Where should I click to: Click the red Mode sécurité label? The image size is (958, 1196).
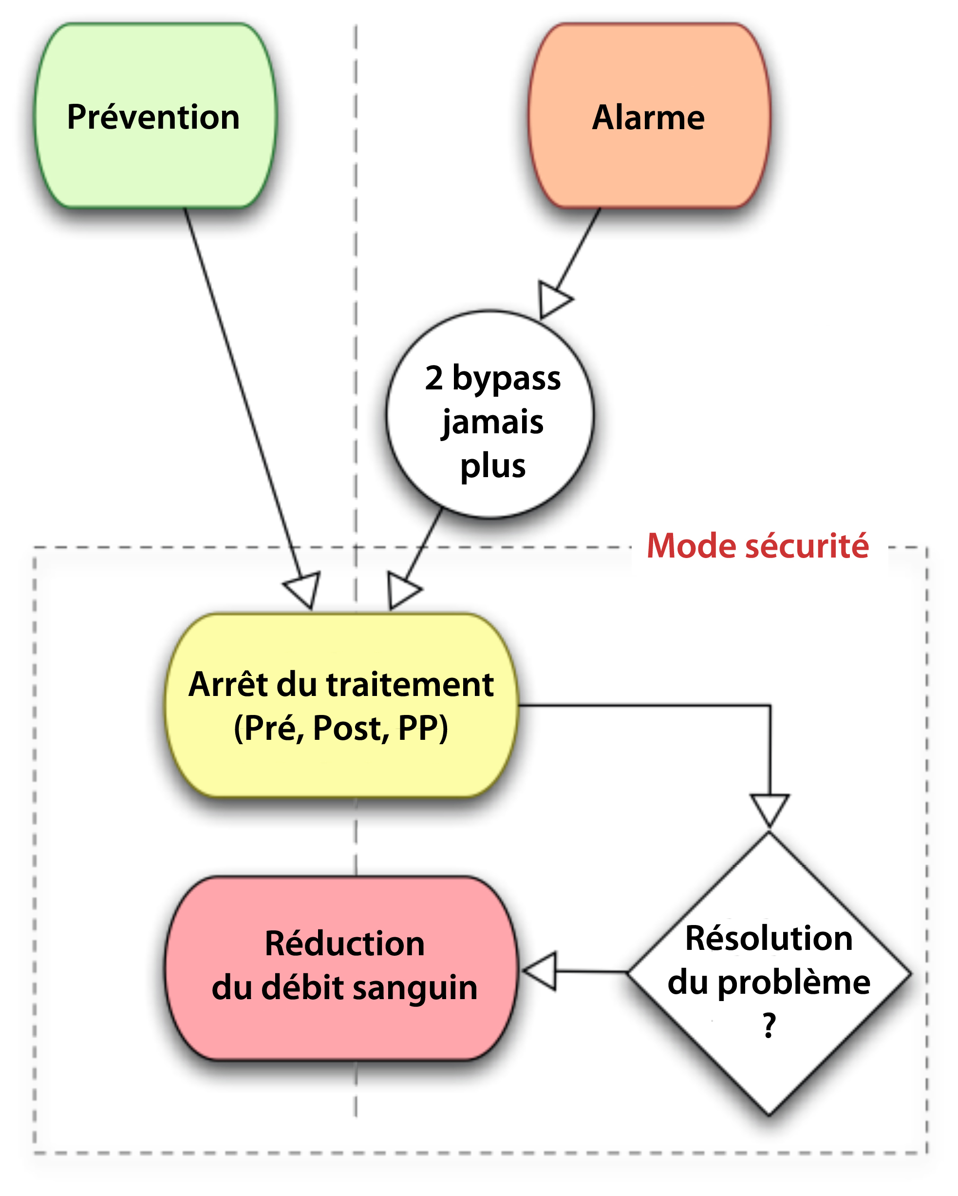coord(757,546)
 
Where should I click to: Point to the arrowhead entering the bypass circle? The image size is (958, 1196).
coord(553,300)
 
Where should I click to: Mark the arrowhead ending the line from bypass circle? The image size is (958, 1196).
coord(402,591)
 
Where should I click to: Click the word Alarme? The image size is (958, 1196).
coord(648,117)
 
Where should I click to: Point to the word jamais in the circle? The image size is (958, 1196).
coord(493,423)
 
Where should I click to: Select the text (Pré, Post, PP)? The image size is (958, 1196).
coord(341,728)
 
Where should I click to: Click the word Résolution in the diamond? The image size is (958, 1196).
coord(769,939)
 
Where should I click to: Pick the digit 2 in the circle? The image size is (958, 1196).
coord(434,378)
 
